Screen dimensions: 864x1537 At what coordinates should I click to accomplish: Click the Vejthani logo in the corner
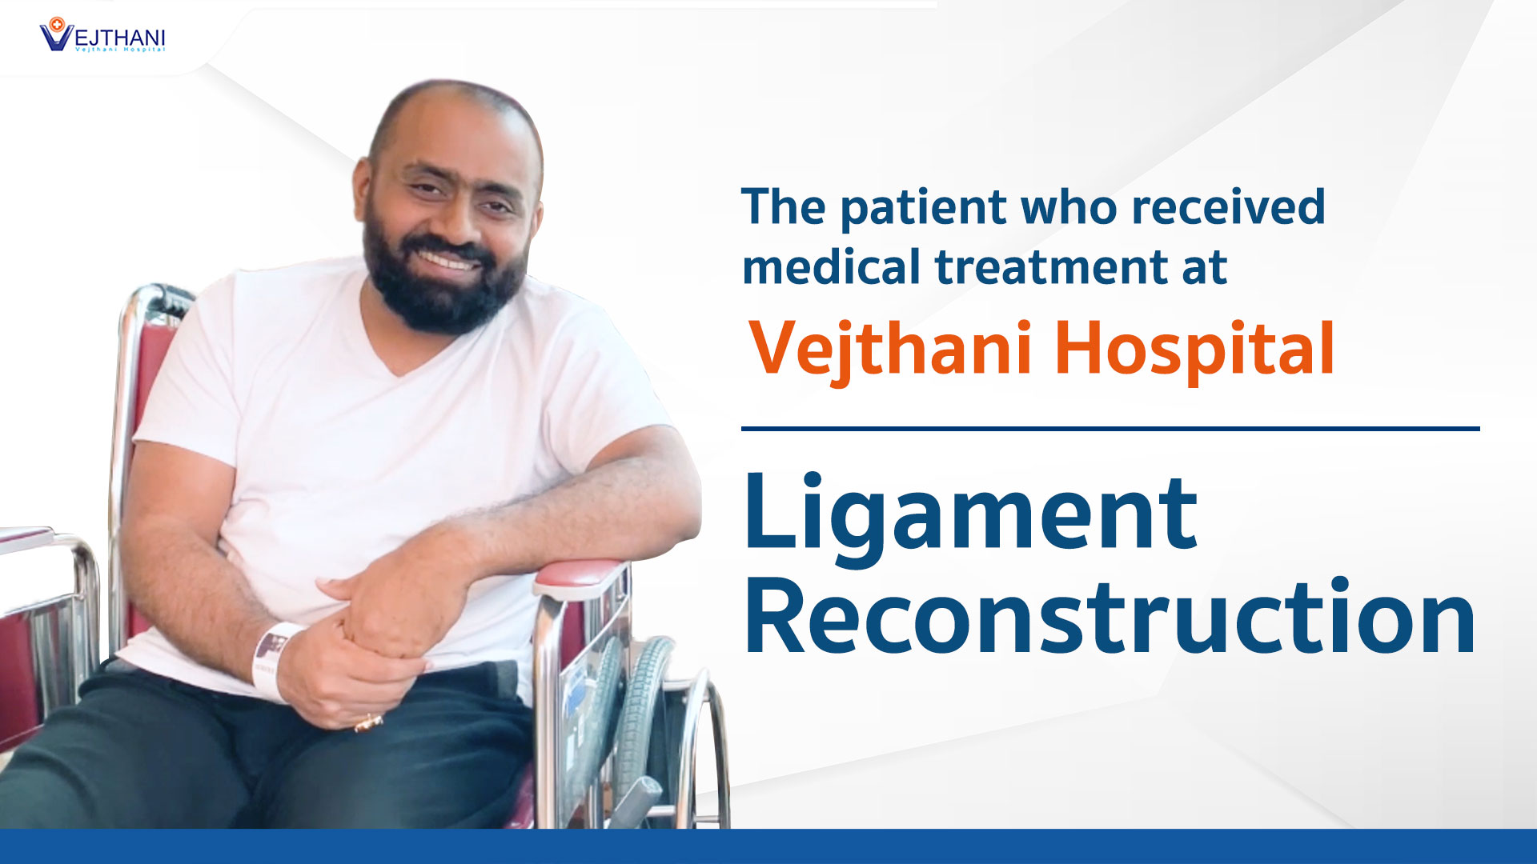[x=102, y=36]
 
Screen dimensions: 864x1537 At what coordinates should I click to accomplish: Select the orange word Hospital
[x=1194, y=348]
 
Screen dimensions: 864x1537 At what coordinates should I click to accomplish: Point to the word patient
[x=924, y=208]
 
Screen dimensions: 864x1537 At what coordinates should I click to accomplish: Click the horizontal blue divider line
[x=1110, y=429]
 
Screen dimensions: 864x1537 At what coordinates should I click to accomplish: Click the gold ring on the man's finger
[x=369, y=722]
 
